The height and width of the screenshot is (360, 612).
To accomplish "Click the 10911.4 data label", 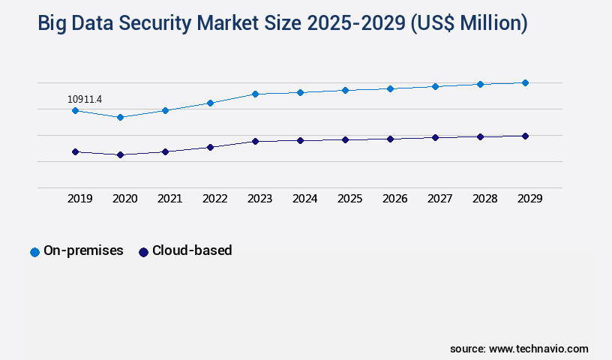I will point(85,99).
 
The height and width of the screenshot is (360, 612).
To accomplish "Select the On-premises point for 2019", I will point(75,110).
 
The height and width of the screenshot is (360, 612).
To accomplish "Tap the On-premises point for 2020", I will point(120,117).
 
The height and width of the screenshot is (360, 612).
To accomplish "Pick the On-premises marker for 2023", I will point(255,94).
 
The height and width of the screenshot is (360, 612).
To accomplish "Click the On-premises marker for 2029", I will point(525,82).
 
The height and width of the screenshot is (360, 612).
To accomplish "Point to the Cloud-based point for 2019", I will point(75,151).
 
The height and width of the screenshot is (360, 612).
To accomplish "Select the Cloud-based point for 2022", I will point(210,147).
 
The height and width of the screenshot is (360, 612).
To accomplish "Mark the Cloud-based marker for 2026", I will point(390,139).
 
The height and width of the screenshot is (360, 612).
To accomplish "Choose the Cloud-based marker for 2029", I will point(525,136).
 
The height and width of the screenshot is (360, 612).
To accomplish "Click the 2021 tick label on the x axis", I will point(169,199).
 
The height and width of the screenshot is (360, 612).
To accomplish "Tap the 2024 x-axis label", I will point(304,199).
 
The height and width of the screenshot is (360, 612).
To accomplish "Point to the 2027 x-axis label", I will point(439,199).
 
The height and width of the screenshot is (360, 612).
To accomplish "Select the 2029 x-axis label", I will point(529,199).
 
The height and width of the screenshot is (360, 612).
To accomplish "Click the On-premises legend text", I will point(83,250).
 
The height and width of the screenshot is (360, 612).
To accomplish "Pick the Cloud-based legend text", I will point(192,250).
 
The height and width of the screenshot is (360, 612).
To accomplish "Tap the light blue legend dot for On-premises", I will point(34,252).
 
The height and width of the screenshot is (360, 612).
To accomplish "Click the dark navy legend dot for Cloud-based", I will point(143,252).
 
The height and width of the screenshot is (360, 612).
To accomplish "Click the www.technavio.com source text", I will point(538,349).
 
